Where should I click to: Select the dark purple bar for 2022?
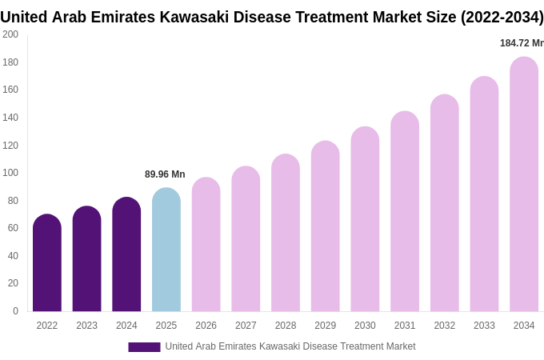[x=47, y=263]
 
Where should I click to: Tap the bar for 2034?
[x=524, y=184]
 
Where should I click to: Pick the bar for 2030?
[x=365, y=219]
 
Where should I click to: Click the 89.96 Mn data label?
[x=165, y=174]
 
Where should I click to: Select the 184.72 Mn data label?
[x=522, y=43]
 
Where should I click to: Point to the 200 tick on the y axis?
[x=10, y=34]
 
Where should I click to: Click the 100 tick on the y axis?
[x=10, y=173]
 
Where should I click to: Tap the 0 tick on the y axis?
[x=15, y=311]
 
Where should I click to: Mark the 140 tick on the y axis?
[x=10, y=118]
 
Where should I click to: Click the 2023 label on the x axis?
[x=86, y=326]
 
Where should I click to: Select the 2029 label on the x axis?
[x=325, y=326]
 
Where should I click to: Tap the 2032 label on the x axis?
[x=444, y=326]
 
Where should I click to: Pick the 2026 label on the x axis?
[x=206, y=326]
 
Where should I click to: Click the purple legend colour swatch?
[x=144, y=347]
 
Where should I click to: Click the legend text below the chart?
[x=290, y=346]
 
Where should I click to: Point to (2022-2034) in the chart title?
[x=502, y=17]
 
